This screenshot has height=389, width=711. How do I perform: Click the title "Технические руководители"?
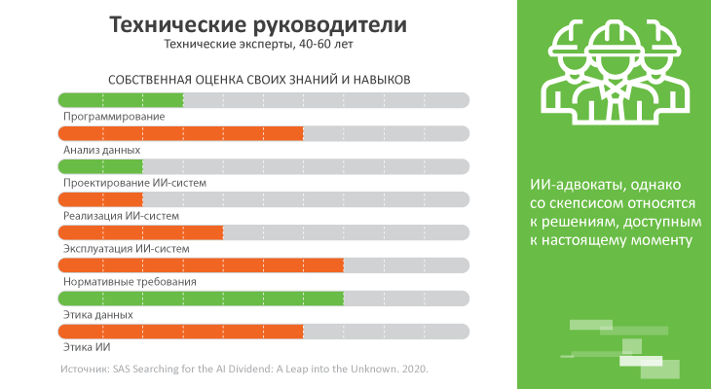pyautogui.click(x=257, y=24)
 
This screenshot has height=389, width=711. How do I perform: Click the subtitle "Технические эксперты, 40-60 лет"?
pyautogui.click(x=257, y=45)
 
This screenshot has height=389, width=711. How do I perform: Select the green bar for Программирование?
pyautogui.click(x=121, y=99)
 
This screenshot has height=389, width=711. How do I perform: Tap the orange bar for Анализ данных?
pyautogui.click(x=181, y=133)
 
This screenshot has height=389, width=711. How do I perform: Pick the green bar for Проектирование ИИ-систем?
pyautogui.click(x=100, y=166)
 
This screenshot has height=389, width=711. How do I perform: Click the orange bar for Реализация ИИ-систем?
pyautogui.click(x=100, y=199)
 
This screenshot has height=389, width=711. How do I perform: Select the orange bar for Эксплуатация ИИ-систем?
pyautogui.click(x=141, y=232)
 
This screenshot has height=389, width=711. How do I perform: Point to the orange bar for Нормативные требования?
pyautogui.click(x=202, y=265)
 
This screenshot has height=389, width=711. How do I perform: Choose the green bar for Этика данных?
pyautogui.click(x=202, y=299)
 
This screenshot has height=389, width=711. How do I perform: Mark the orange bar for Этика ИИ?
pyautogui.click(x=181, y=332)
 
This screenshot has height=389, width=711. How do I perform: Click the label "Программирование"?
pyautogui.click(x=114, y=117)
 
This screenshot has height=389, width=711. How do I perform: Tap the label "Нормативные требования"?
pyautogui.click(x=130, y=282)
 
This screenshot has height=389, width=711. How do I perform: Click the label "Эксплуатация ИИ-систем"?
pyautogui.click(x=126, y=249)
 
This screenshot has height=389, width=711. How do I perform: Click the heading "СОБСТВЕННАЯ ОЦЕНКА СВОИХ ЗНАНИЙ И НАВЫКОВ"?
pyautogui.click(x=257, y=78)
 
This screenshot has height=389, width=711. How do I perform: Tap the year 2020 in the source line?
pyautogui.click(x=413, y=371)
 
